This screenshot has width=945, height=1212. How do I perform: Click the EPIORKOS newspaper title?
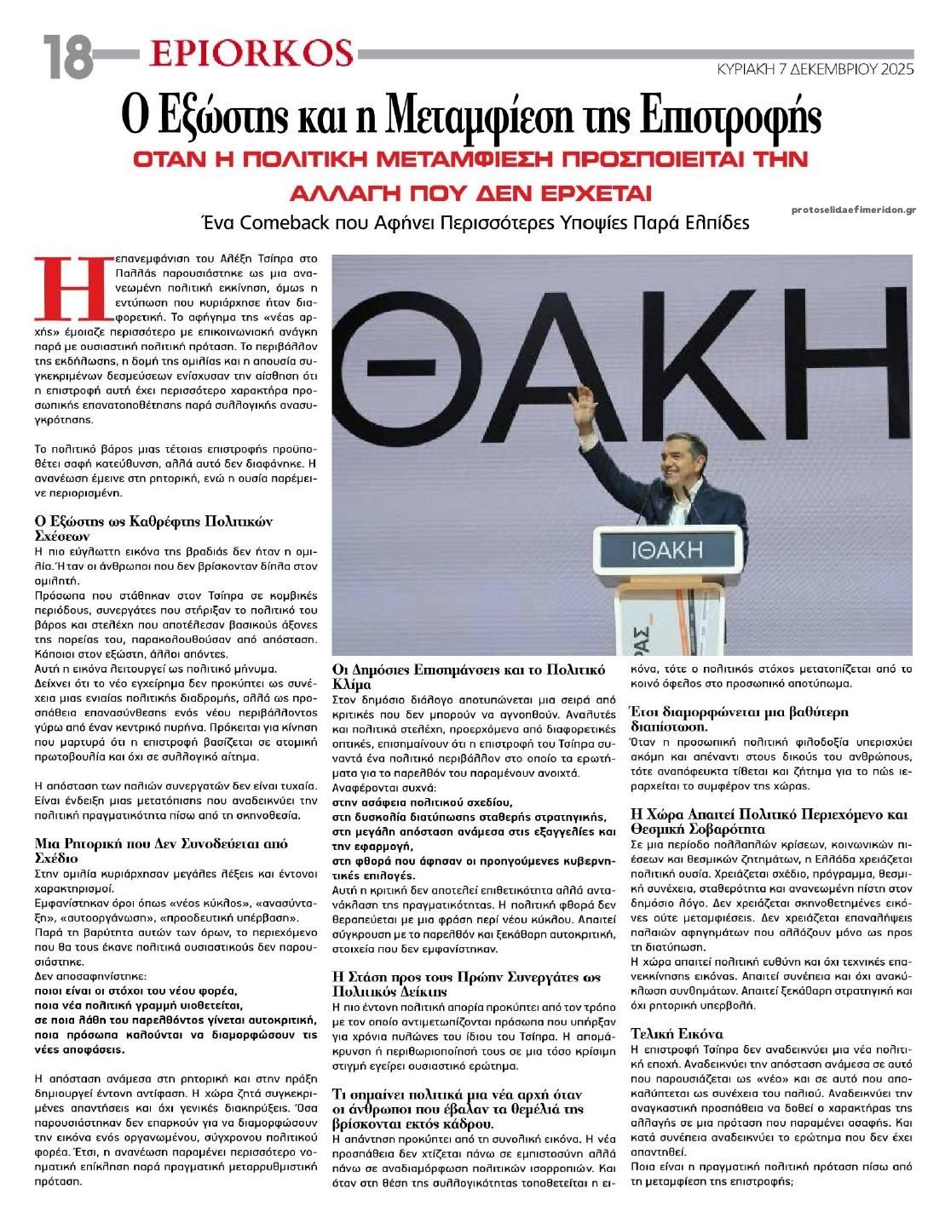point(250,53)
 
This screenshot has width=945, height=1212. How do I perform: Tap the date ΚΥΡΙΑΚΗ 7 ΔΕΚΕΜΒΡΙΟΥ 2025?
point(815,69)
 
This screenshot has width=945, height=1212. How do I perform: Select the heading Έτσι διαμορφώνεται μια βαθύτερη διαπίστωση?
point(725,719)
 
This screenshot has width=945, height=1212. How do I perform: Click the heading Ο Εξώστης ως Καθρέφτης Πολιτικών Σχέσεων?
point(152,528)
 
